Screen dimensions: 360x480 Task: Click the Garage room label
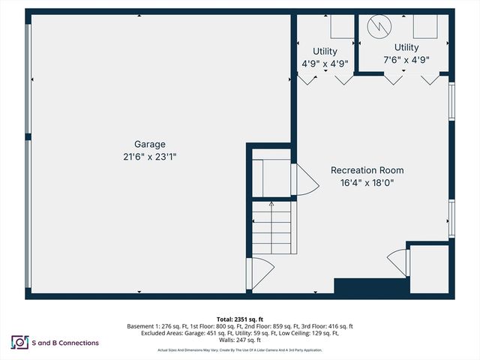(149, 144)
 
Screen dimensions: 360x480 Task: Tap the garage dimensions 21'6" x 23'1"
(149, 157)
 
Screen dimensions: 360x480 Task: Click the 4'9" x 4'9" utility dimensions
(325, 64)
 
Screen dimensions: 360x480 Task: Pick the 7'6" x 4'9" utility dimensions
(406, 59)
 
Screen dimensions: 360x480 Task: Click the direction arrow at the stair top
(271, 204)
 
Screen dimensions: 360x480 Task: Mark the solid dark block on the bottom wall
(370, 286)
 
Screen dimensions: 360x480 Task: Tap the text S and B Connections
(66, 343)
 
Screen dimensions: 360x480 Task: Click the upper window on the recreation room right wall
(451, 100)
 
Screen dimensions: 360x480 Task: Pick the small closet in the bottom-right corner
(430, 268)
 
